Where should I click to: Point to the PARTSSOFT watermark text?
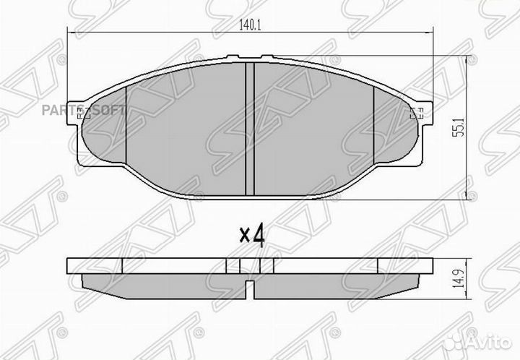(x=95, y=110)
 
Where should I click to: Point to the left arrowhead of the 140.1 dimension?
(x=71, y=33)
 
